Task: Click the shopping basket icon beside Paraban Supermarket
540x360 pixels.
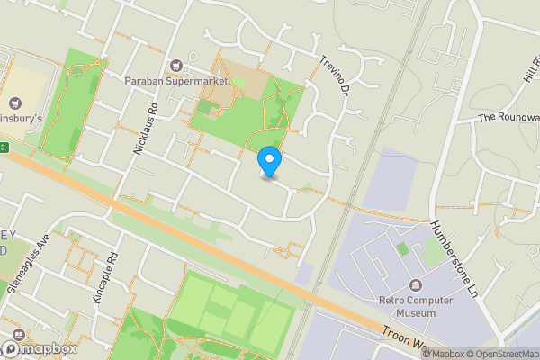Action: (x=175, y=65)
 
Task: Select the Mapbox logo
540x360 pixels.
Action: (x=40, y=348)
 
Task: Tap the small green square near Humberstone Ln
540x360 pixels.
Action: (x=402, y=248)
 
